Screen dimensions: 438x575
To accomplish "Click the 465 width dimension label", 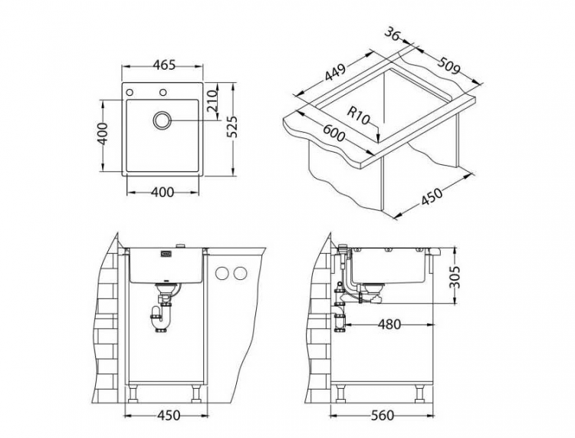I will pos(163,65).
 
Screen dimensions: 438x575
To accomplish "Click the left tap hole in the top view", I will pos(130,93).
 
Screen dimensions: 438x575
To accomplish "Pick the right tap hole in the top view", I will pos(163,93).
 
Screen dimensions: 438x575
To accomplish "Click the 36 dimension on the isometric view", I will pos(393,35).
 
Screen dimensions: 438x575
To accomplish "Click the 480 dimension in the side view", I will pos(390,324).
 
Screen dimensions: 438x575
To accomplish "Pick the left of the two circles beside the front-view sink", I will pos(223,273).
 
